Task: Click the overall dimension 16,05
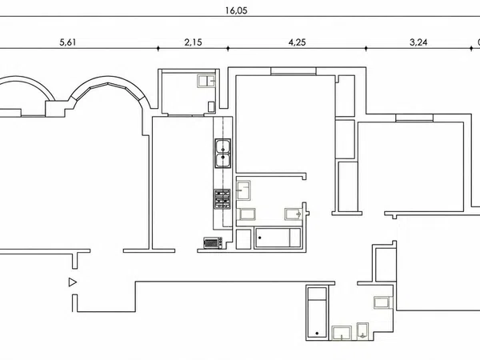pyautogui.click(x=236, y=10)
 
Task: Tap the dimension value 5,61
pyautogui.click(x=68, y=42)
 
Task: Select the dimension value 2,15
pyautogui.click(x=193, y=42)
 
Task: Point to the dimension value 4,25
pyautogui.click(x=297, y=42)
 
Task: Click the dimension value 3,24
pyautogui.click(x=418, y=42)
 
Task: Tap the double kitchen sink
pyautogui.click(x=223, y=154)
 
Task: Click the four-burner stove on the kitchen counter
pyautogui.click(x=222, y=199)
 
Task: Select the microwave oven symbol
pyautogui.click(x=213, y=242)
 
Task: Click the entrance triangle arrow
pyautogui.click(x=73, y=282)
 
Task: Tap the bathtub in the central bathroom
pyautogui.click(x=278, y=238)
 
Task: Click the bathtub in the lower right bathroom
pyautogui.click(x=317, y=313)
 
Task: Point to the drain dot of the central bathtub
pyautogui.click(x=260, y=238)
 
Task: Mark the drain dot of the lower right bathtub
pyautogui.click(x=317, y=334)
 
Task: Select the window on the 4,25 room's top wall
pyautogui.click(x=294, y=71)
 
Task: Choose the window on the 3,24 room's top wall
pyautogui.click(x=414, y=118)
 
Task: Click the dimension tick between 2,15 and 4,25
pyautogui.click(x=228, y=48)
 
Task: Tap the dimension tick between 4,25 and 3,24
pyautogui.click(x=366, y=48)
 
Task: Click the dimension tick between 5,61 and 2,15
pyautogui.click(x=158, y=48)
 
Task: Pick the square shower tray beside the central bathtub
pyautogui.click(x=244, y=238)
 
